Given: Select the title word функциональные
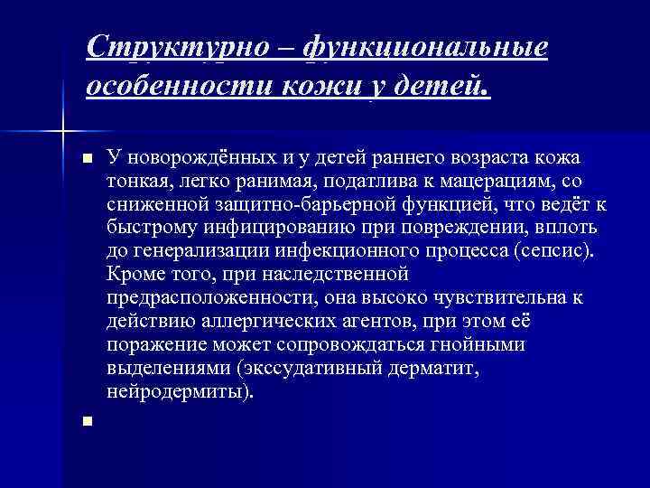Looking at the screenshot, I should (427, 46).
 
